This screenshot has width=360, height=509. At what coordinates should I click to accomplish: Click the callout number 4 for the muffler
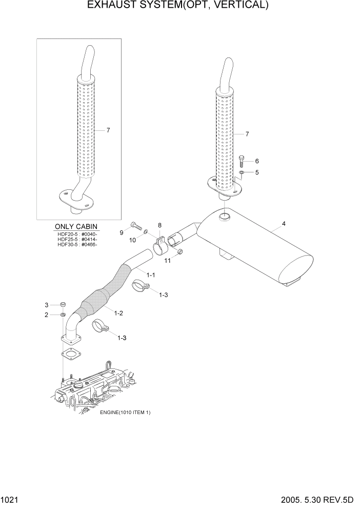pos(284,224)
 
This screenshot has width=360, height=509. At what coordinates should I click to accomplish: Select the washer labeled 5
pos(242,173)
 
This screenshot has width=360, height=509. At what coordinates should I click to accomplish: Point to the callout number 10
pos(132,240)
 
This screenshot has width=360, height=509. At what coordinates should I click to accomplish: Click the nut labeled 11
pos(180,252)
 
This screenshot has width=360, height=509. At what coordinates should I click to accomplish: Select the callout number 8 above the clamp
pos(159,225)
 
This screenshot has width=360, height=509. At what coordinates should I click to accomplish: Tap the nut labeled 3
pos(63,304)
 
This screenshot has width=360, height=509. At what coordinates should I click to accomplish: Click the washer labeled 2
pos(63,314)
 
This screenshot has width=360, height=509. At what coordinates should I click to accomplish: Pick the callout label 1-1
pos(151,275)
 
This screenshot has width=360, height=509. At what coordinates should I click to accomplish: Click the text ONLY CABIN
pos(76,227)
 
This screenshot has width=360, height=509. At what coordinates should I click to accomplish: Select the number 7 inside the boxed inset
pos(108,130)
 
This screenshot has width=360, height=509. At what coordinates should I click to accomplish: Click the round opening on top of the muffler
pos(225,219)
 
